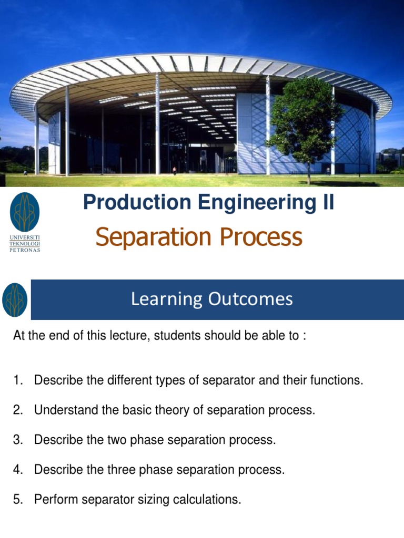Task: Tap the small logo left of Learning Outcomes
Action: (x=15, y=300)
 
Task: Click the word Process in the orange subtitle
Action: (x=261, y=237)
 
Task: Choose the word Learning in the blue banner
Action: (x=159, y=299)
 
